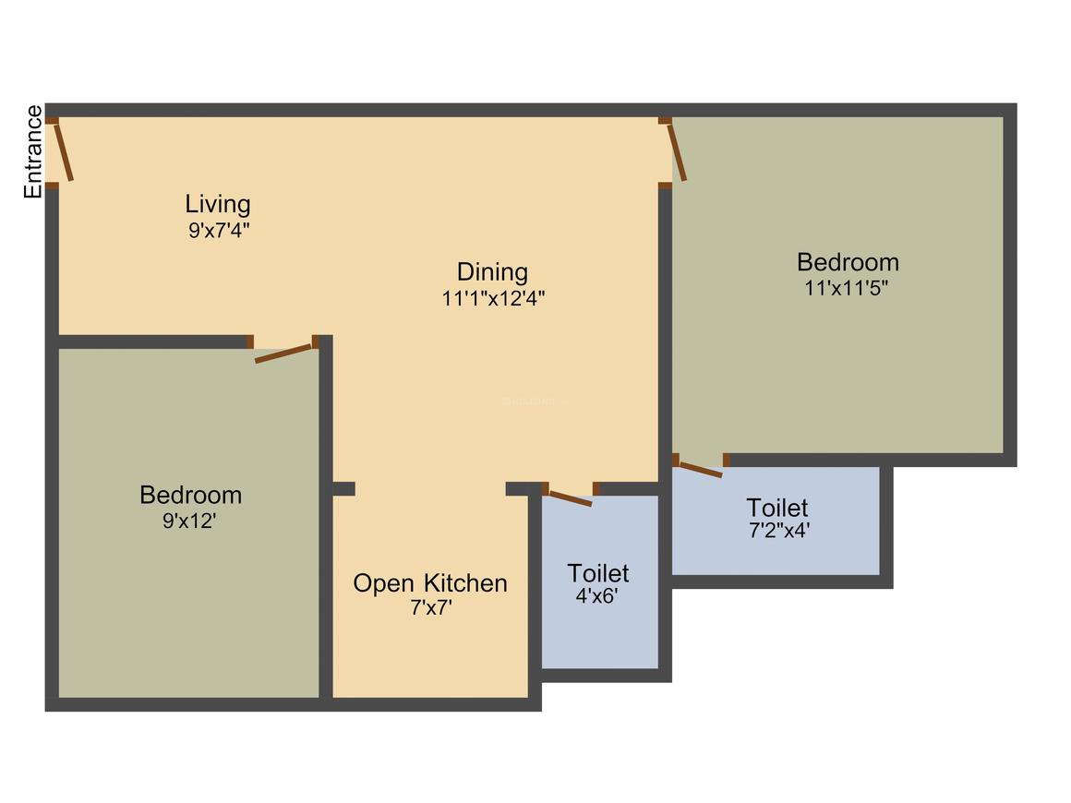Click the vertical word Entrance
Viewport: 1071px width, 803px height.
click(x=33, y=152)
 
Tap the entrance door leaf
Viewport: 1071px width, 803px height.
click(x=64, y=152)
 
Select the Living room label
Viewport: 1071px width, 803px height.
click(x=218, y=203)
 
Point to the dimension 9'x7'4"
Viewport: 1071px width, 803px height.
click(x=219, y=230)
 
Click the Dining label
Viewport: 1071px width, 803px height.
click(x=493, y=272)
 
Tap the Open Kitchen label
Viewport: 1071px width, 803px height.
click(x=430, y=583)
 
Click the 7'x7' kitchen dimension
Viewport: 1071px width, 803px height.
click(x=431, y=609)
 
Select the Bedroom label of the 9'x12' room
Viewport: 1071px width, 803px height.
click(x=190, y=495)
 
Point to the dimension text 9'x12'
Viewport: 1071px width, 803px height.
click(x=189, y=521)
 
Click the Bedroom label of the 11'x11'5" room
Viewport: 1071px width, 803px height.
click(x=848, y=261)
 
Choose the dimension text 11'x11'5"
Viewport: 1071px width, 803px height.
click(x=847, y=287)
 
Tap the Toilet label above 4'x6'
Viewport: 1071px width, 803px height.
click(x=598, y=572)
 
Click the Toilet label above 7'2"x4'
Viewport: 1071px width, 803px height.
click(x=777, y=508)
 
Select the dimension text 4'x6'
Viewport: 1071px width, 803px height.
click(x=596, y=596)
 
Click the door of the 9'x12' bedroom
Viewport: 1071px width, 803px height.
click(x=284, y=353)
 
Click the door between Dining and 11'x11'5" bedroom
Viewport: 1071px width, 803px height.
click(x=678, y=152)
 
